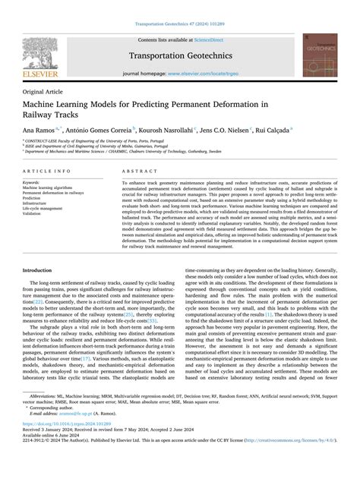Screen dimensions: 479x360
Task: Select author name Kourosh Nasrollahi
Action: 169,131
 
